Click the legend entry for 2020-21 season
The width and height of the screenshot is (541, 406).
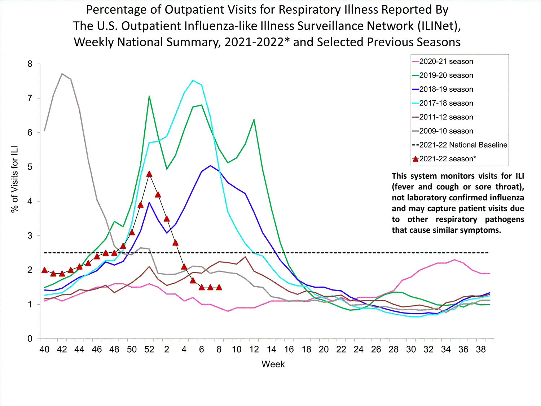446,62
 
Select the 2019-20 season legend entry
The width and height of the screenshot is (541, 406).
446,75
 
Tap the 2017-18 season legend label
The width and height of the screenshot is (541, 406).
446,103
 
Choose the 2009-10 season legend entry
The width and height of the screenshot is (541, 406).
446,131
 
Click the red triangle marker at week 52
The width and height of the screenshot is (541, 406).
149,174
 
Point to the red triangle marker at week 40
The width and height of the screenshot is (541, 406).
44,270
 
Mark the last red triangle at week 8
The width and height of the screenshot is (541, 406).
219,287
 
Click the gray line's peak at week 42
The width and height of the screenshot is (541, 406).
62,74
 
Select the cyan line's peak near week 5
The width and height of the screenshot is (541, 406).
193,80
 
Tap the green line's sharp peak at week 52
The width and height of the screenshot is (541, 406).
149,96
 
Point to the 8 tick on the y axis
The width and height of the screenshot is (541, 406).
30,64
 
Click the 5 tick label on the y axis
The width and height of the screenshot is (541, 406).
30,167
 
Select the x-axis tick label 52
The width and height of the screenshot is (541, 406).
149,349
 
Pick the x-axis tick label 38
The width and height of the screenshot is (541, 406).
481,349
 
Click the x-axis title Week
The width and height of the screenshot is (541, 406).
273,364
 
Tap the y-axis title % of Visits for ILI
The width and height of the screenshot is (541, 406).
14,179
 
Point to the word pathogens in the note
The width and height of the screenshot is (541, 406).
504,219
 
